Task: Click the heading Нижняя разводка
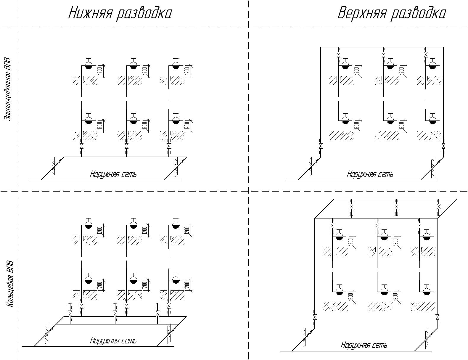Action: (x=120, y=14)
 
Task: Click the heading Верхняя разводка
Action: (x=391, y=14)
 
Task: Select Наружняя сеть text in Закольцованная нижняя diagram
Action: (x=113, y=174)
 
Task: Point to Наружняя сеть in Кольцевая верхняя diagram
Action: (x=364, y=345)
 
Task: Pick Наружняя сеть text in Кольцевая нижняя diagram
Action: (x=113, y=341)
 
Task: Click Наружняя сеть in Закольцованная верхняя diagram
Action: (x=370, y=174)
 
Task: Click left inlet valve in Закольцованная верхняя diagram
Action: (x=321, y=146)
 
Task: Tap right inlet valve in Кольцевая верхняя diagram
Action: (x=438, y=317)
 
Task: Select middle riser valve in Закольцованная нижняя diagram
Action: (x=126, y=147)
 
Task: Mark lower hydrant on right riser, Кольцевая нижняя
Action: (x=176, y=280)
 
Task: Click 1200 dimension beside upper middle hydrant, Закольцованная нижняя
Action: (x=145, y=71)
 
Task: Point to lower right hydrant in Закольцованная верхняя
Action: (x=433, y=120)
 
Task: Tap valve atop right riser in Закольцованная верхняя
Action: (x=426, y=55)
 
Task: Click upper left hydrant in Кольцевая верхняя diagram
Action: (x=340, y=237)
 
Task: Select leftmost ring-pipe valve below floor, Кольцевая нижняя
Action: (x=70, y=313)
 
